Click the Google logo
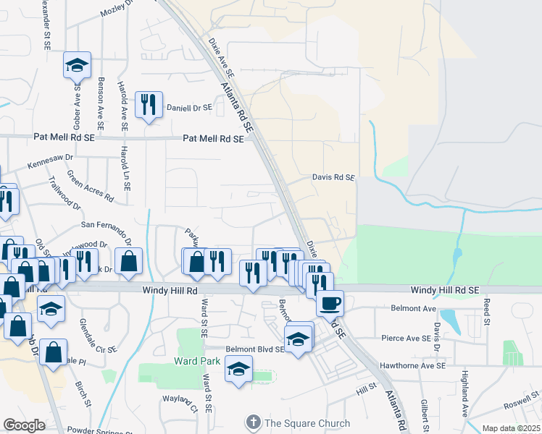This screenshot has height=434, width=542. (x=24, y=425)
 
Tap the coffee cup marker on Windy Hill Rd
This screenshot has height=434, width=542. (x=330, y=304)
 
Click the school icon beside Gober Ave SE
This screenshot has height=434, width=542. (x=77, y=67)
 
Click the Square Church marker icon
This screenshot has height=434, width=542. (x=253, y=422)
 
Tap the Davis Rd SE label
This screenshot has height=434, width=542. (x=333, y=177)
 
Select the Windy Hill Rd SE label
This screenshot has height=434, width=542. (x=445, y=289)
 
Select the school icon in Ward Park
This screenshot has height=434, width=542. (x=238, y=370)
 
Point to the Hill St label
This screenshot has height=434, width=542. (x=367, y=390)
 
